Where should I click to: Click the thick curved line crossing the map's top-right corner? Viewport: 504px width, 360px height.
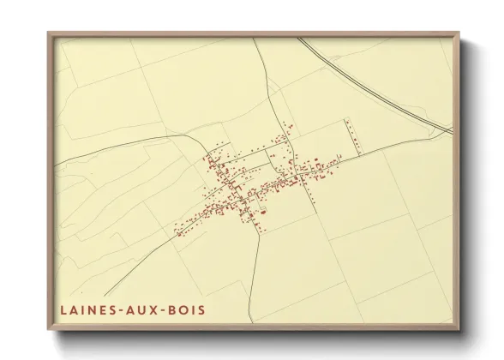tap(377, 86)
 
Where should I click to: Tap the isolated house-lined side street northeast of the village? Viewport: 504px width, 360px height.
tap(351, 135)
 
